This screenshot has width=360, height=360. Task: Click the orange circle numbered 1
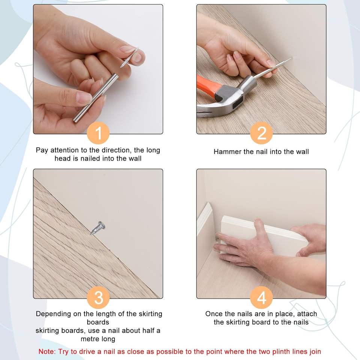pos(98,133)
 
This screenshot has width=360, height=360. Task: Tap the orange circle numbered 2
pos(261,133)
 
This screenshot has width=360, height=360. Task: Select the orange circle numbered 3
pos(98,297)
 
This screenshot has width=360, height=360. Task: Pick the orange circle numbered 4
pos(261,297)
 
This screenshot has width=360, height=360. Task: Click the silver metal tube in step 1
pos(96,98)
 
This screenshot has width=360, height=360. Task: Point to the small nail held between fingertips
pos(129,58)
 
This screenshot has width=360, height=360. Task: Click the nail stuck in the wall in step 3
pos(97,228)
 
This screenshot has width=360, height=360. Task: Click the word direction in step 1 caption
pos(116,150)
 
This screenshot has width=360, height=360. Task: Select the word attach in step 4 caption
pos(307,313)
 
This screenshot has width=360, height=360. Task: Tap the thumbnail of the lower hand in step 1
pos(84,97)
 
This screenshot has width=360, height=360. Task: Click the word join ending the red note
pos(315,351)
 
